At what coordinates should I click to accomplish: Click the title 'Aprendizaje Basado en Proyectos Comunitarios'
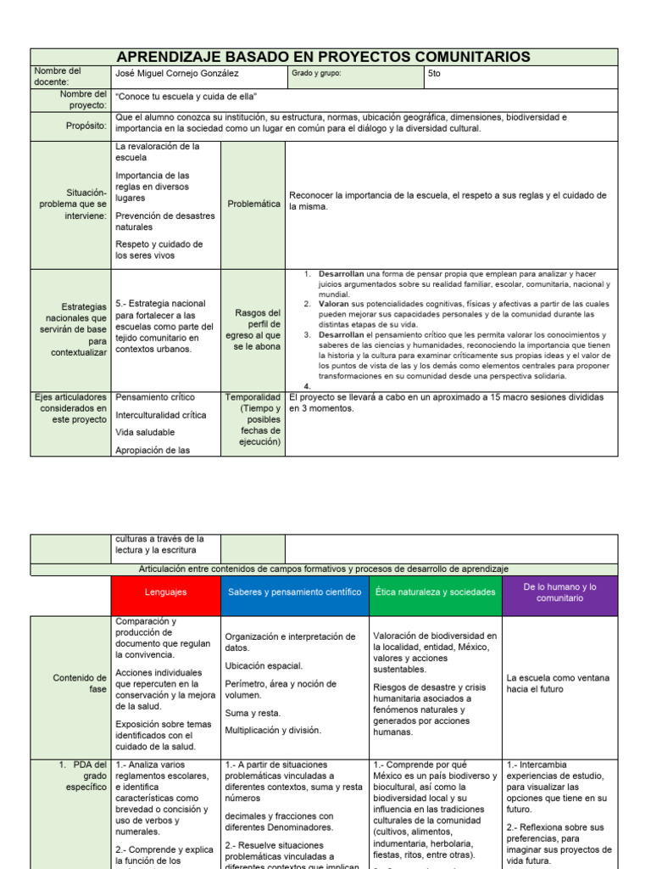323,57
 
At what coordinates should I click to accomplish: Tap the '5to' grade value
435,74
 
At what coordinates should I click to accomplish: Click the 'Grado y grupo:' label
315,74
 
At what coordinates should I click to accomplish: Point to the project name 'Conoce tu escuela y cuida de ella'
186,97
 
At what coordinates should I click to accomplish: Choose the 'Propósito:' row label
86,126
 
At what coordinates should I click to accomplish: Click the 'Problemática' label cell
253,205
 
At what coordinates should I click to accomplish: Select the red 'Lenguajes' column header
165,591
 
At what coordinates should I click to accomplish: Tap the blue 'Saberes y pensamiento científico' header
293,591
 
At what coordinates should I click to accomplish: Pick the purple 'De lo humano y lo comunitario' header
559,592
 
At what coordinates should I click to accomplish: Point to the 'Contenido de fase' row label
80,683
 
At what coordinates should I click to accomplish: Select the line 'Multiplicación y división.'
273,730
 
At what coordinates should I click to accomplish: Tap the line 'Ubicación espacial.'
264,666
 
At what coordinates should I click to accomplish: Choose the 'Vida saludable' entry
145,432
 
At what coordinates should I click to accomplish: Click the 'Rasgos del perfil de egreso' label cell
253,330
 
